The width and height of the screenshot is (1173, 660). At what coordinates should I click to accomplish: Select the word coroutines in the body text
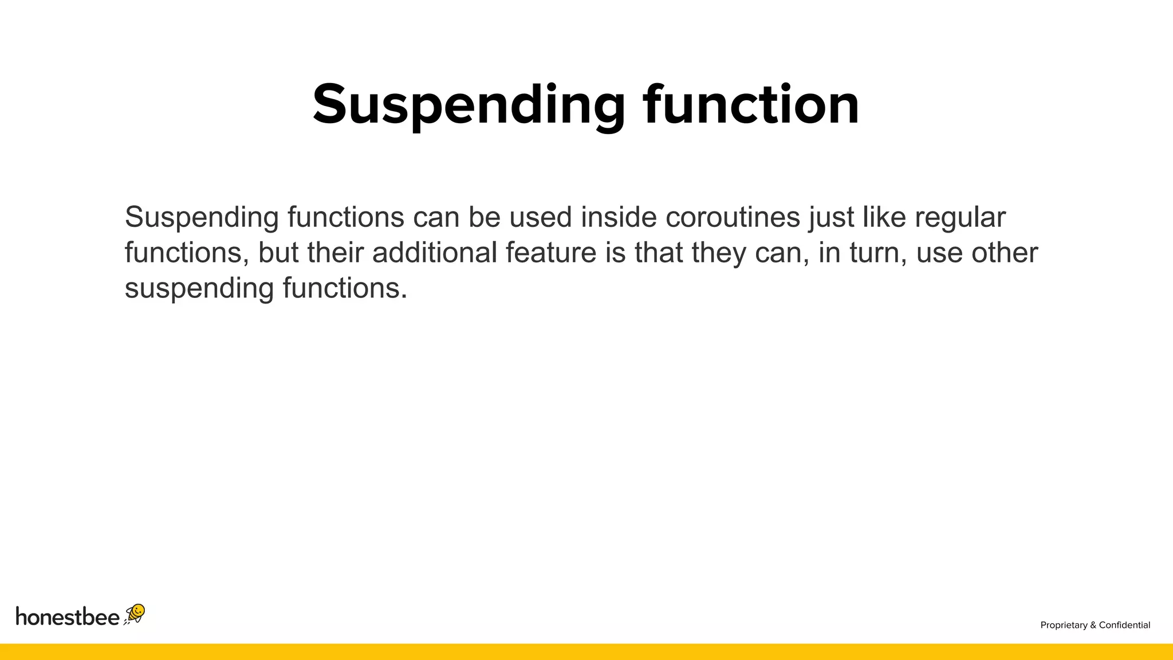733,217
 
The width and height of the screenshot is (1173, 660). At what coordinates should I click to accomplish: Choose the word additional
435,253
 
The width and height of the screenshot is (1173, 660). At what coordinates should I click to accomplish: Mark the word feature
551,253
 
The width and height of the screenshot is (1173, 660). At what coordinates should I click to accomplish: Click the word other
1005,253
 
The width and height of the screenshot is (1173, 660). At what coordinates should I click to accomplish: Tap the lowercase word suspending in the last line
199,289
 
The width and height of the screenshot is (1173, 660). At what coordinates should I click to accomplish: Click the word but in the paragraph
278,253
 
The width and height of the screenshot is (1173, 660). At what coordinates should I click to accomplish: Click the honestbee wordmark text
68,616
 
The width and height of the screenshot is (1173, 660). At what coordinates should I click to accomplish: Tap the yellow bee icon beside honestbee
135,614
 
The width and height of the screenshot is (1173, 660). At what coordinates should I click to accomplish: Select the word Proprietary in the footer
1064,625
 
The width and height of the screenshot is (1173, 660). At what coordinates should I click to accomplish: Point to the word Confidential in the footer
1124,625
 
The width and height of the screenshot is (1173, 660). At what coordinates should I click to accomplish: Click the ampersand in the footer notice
1093,625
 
